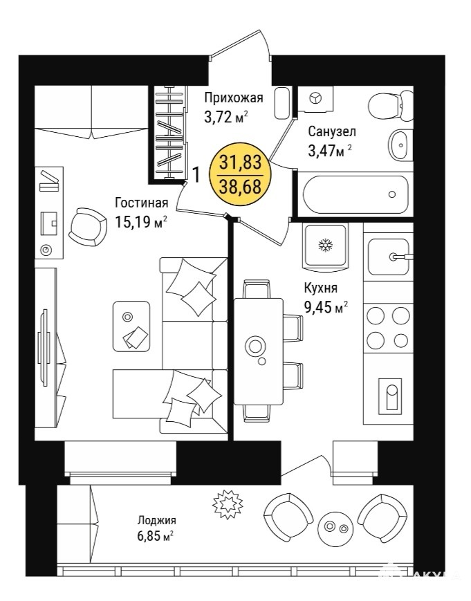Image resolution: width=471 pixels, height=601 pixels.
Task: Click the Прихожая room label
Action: point(233,98)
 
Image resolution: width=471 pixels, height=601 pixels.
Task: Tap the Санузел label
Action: point(332,131)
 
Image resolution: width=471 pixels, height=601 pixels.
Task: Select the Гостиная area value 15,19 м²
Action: point(141,221)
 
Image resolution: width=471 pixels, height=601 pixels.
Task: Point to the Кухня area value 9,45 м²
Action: point(326,306)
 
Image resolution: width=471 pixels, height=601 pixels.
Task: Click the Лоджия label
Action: point(157,520)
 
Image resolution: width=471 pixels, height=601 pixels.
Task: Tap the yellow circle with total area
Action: point(240,174)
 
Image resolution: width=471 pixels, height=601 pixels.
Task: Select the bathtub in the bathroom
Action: point(355,194)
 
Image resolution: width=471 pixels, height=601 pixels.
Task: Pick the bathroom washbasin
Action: point(401,145)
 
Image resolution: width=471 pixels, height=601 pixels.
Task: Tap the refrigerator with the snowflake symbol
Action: point(326,246)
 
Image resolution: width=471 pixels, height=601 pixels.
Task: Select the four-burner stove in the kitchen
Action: point(388,327)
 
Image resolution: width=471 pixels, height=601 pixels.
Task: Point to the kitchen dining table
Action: point(259,351)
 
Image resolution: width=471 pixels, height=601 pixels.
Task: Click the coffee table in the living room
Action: point(131,326)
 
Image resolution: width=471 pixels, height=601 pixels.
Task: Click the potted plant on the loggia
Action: point(228,504)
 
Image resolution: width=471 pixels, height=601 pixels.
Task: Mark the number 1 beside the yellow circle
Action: point(196,175)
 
